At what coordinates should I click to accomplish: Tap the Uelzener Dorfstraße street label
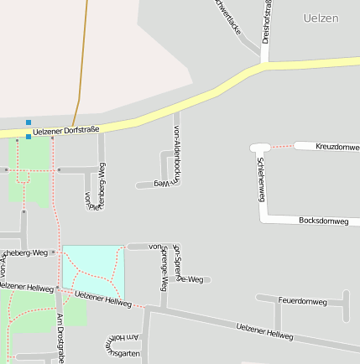[x=66, y=130]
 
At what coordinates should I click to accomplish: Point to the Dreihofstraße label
[x=266, y=22]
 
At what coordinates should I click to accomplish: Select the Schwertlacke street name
[x=228, y=16]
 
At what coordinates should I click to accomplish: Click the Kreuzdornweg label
[x=337, y=147]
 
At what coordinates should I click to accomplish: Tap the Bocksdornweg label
[x=323, y=221]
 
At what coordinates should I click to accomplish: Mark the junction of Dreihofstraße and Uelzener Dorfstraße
[x=265, y=64]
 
